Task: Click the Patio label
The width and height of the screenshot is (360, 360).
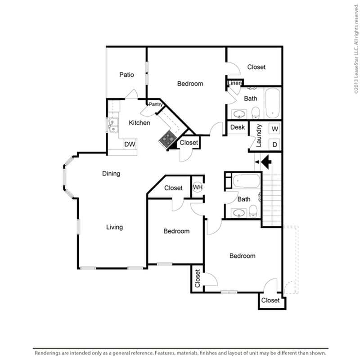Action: (126, 75)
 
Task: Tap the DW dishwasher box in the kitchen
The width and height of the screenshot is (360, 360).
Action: (130, 144)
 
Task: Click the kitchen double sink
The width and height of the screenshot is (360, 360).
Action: (112, 125)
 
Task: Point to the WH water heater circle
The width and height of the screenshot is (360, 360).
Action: (197, 187)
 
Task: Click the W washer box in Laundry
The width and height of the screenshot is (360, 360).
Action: (274, 129)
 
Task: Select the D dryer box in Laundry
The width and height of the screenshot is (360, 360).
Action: (274, 144)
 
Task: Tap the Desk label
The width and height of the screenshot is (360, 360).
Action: (237, 127)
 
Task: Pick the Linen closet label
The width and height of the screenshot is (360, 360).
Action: (234, 83)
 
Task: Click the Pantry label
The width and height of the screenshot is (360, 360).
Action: (156, 104)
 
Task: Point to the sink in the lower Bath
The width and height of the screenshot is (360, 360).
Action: (238, 212)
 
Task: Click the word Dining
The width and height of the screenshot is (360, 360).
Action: (111, 173)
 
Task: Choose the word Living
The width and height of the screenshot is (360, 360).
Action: (114, 227)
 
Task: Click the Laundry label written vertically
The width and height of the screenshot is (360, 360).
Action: (259, 136)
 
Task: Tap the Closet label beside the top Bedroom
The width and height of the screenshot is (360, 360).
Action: (256, 67)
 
